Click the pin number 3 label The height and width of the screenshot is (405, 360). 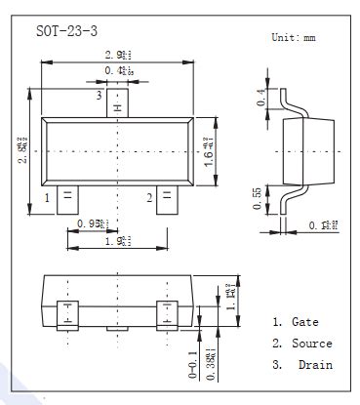tap(99, 96)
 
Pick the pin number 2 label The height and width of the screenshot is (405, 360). tap(150, 198)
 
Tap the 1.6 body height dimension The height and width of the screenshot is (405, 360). tap(207, 151)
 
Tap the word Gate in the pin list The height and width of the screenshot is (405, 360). tap(304, 322)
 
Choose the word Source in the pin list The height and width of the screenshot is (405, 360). tap(311, 344)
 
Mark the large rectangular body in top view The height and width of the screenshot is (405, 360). tap(117, 151)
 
